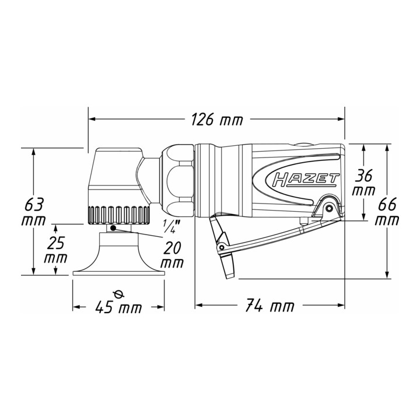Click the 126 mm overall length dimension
pyautogui.click(x=216, y=119)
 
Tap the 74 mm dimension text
pyautogui.click(x=269, y=305)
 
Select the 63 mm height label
pyautogui.click(x=33, y=213)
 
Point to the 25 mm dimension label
pyautogui.click(x=56, y=250)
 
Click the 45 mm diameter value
pyautogui.click(x=118, y=307)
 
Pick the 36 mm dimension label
pyautogui.click(x=363, y=184)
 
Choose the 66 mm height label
pyautogui.click(x=387, y=213)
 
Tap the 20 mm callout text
pyautogui.click(x=172, y=255)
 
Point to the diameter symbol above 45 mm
pyautogui.click(x=119, y=295)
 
